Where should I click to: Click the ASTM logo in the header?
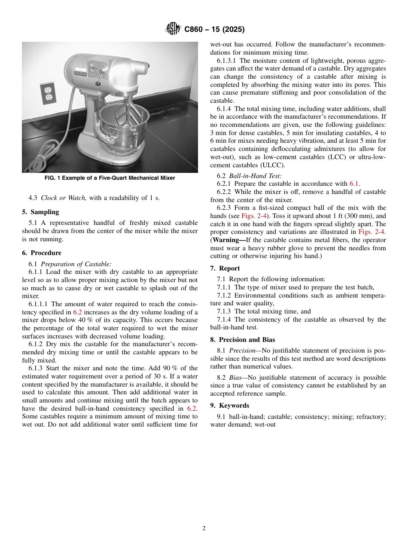tap(173, 29)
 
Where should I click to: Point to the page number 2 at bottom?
tap(204, 529)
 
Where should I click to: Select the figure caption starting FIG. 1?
tap(110, 178)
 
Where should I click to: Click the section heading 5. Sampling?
tap(40, 212)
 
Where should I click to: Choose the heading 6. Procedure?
tap(42, 253)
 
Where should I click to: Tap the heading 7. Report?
tap(225, 268)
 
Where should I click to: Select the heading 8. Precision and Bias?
tap(243, 340)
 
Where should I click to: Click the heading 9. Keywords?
tap(230, 406)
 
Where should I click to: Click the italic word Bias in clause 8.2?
tap(235, 378)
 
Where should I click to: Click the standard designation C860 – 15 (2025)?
tap(214, 30)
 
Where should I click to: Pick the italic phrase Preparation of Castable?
tap(76, 264)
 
